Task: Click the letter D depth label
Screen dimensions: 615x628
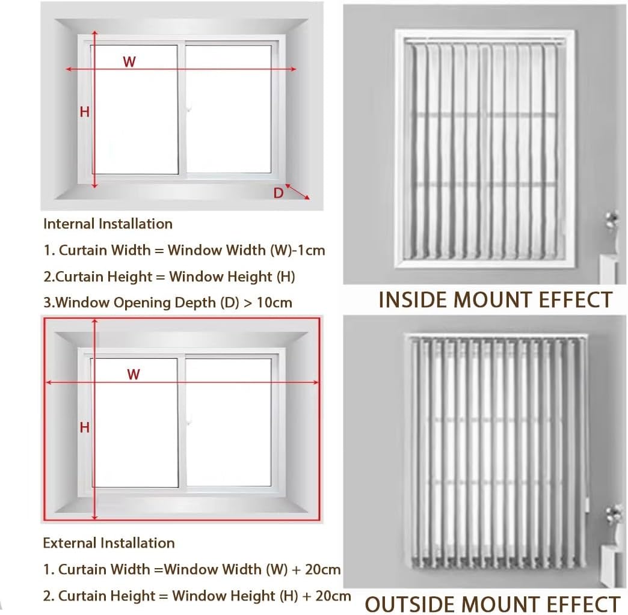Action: coord(279,193)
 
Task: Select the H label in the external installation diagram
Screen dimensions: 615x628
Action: coord(85,427)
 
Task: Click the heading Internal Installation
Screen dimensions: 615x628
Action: coord(108,224)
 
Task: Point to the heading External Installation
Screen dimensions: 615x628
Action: coord(109,543)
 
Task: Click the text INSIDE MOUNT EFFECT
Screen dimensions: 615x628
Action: coord(495,299)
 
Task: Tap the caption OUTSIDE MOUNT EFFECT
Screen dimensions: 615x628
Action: coord(493,604)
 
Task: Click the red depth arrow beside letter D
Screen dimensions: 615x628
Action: coord(298,192)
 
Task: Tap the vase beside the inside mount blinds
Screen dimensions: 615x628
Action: coord(612,231)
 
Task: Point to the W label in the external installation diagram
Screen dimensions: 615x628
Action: coord(134,374)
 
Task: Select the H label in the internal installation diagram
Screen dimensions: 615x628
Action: coord(85,111)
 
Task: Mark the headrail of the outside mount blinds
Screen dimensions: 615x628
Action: coord(496,337)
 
